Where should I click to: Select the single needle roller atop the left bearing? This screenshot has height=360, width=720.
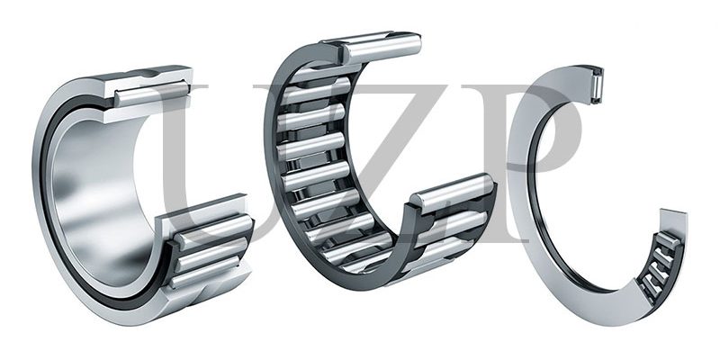click(x=151, y=92)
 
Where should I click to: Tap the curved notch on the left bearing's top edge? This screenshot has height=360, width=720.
click(x=144, y=73)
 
